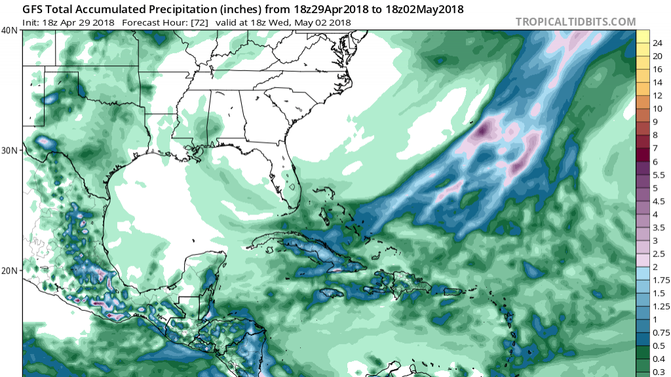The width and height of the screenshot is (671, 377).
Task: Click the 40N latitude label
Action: (x=10, y=31)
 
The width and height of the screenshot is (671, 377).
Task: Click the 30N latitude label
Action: (x=10, y=150)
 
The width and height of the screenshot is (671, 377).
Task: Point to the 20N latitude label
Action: (x=10, y=270)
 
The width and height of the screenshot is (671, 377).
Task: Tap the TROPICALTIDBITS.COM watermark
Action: (x=576, y=22)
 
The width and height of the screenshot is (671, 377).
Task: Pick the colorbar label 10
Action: (x=657, y=108)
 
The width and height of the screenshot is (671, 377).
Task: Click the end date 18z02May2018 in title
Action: (x=421, y=10)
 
